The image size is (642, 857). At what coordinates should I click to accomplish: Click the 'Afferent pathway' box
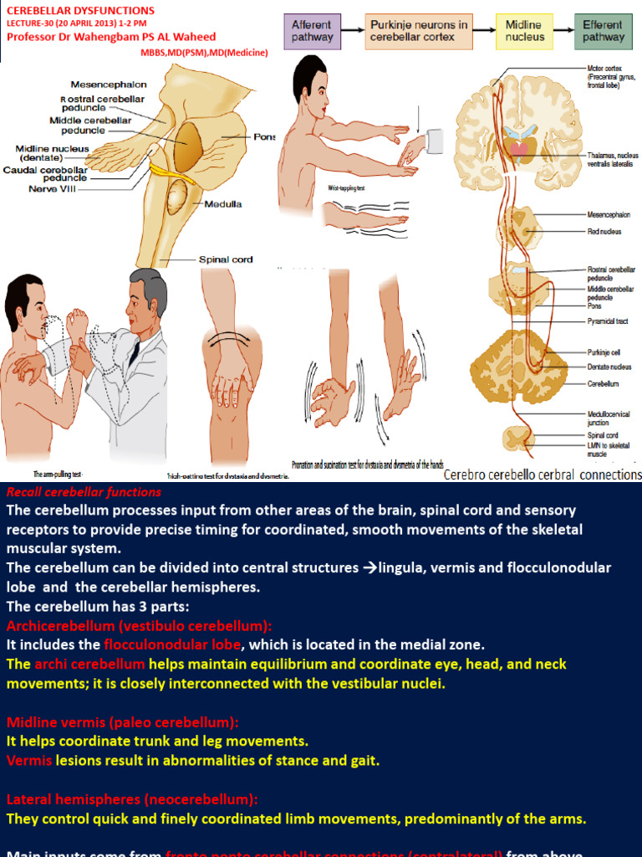pyautogui.click(x=312, y=31)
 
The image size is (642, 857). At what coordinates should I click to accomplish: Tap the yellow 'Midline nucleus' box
pyautogui.click(x=523, y=31)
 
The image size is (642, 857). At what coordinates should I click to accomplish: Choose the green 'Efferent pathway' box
pyautogui.click(x=602, y=31)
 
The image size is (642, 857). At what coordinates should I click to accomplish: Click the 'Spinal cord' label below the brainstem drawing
pyautogui.click(x=226, y=259)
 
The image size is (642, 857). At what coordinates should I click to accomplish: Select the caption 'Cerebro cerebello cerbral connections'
pyautogui.click(x=543, y=475)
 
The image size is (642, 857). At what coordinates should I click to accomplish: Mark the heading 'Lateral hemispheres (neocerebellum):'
pyautogui.click(x=132, y=799)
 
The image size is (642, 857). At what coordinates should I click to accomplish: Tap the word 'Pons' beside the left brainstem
pyautogui.click(x=264, y=136)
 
